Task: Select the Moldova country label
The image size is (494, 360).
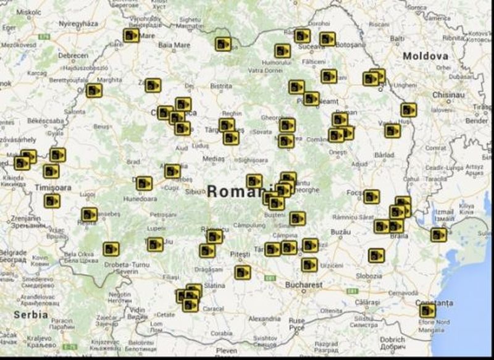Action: [x=425, y=56]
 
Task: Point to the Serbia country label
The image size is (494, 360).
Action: [x=31, y=314]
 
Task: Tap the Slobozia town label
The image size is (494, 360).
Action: [x=369, y=275]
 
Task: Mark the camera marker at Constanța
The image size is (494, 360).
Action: [x=427, y=310]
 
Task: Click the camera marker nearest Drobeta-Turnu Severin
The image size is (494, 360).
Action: [x=111, y=248]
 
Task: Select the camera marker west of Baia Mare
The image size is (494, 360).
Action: [x=131, y=36]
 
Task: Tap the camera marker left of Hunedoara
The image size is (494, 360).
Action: [x=144, y=183]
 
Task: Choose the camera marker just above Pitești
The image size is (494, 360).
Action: [x=214, y=237]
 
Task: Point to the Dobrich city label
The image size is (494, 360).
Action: [x=392, y=339]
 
